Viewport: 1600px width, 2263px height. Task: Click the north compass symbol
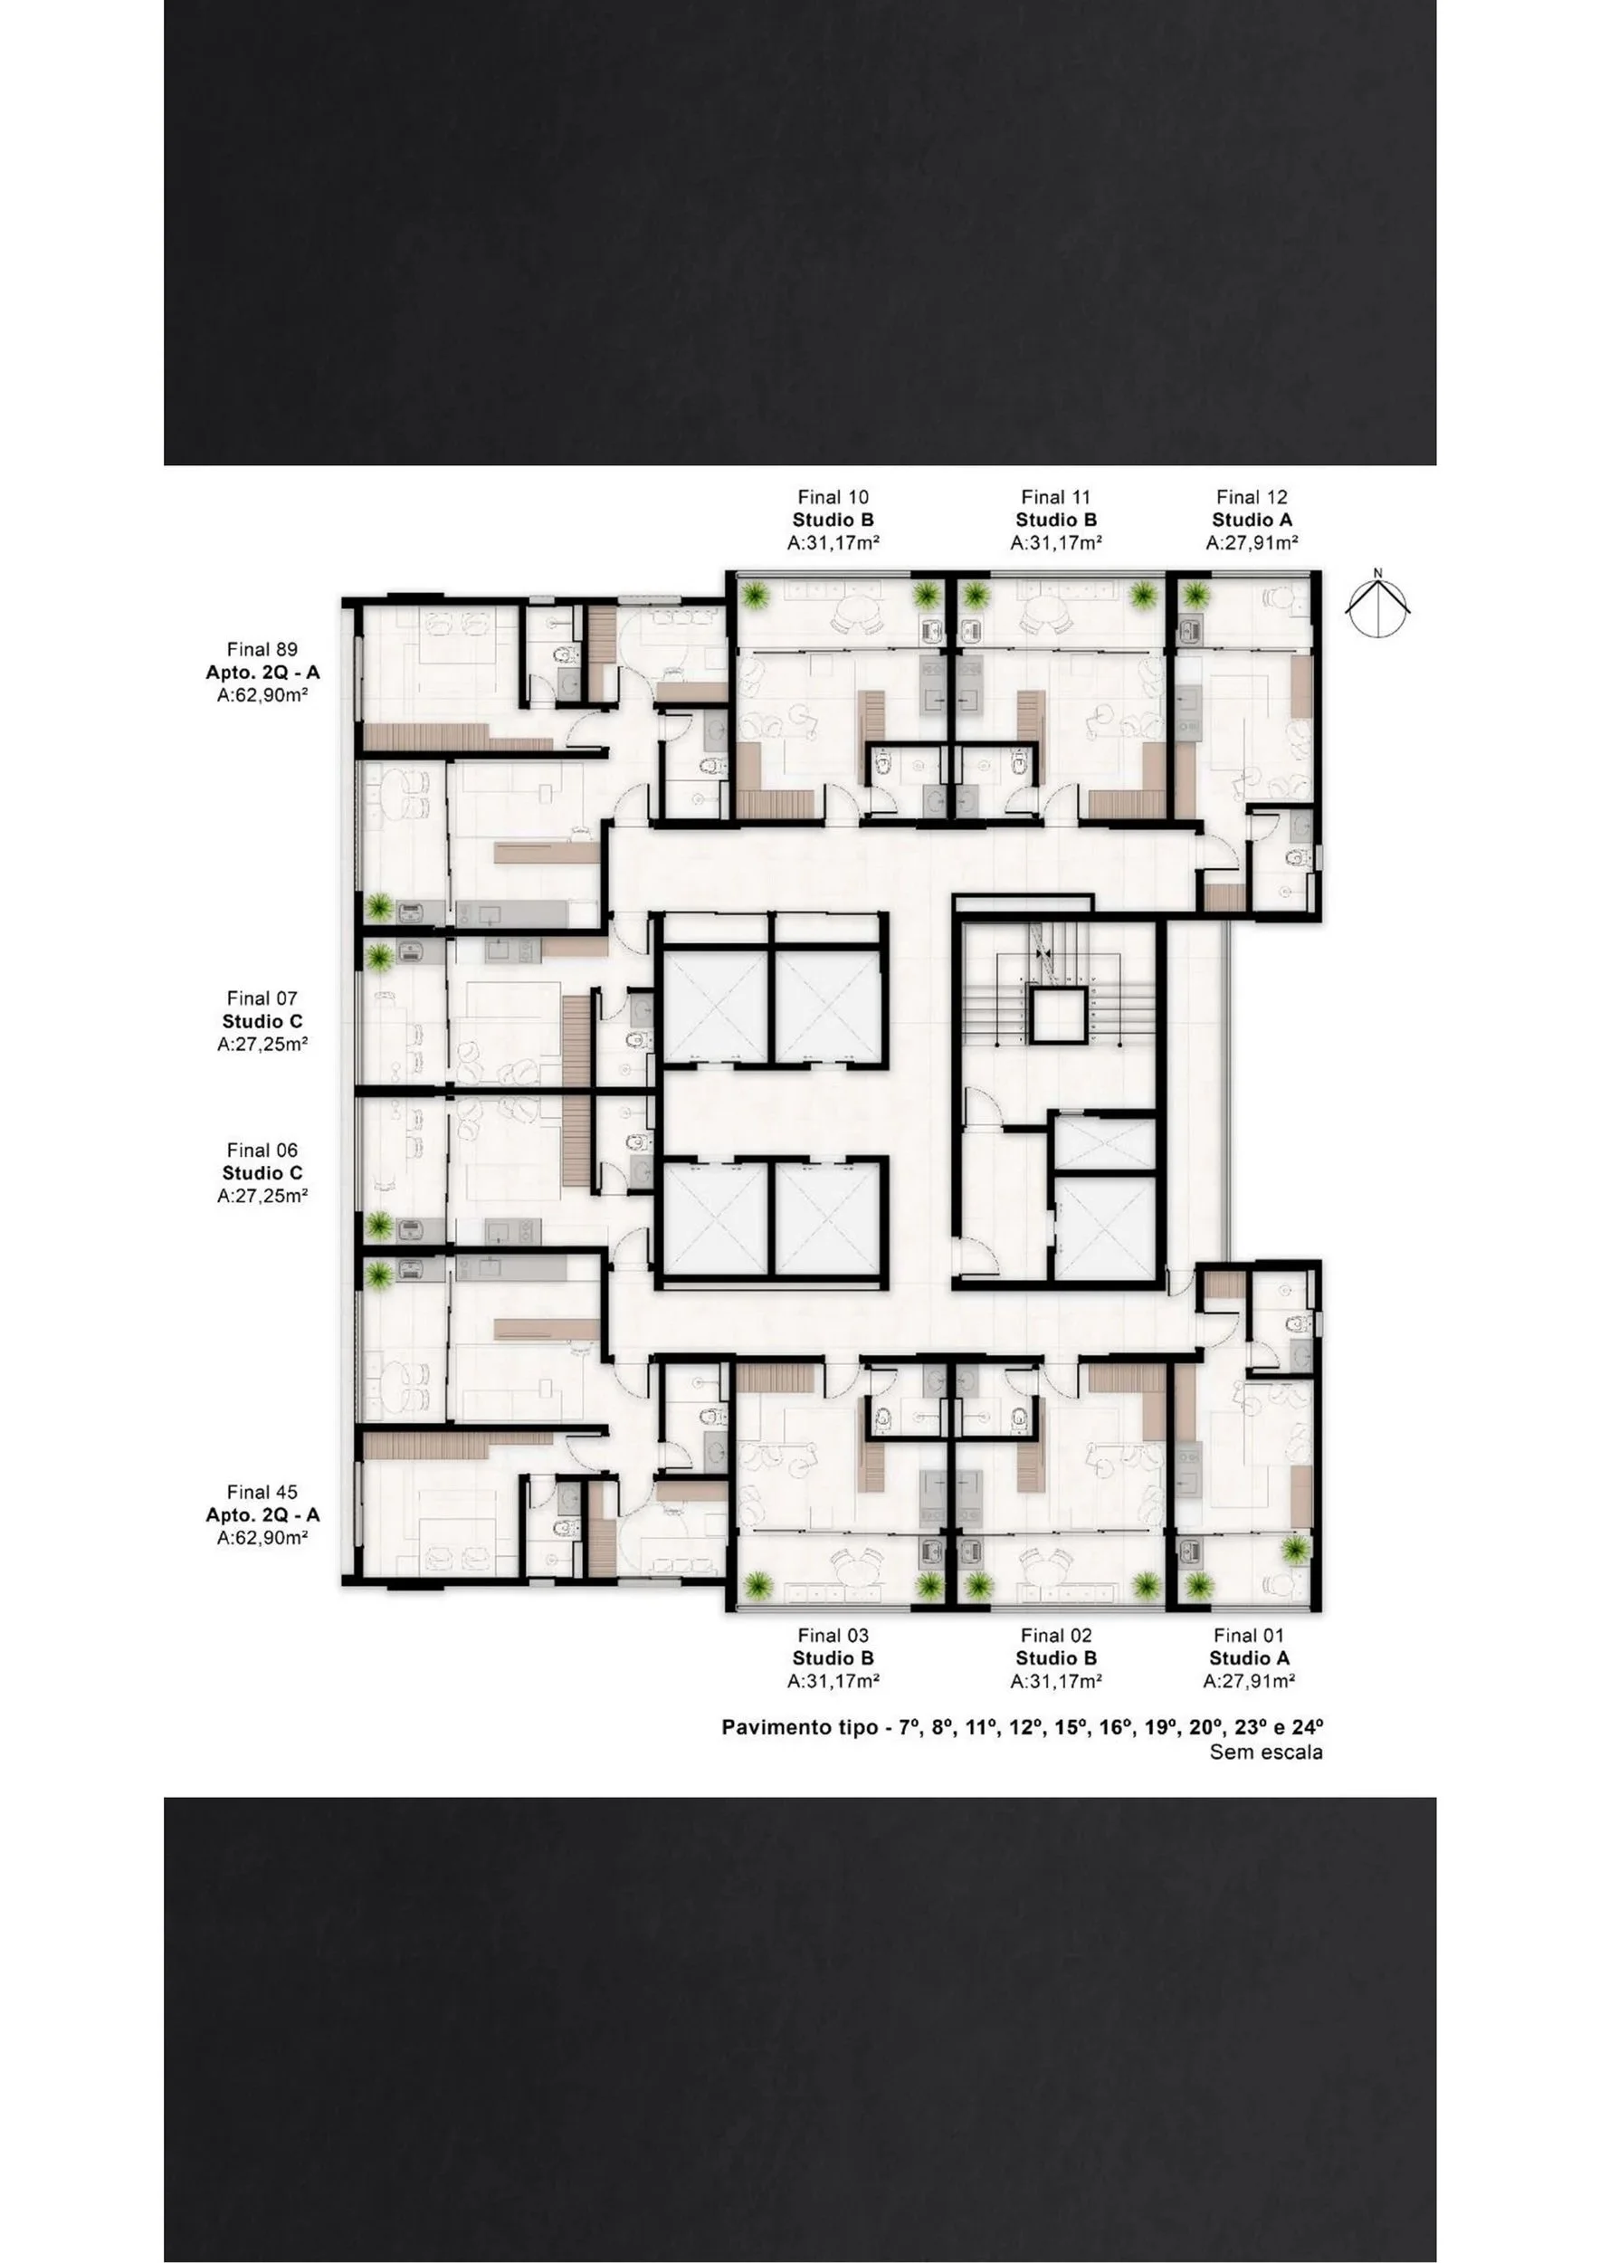1378,603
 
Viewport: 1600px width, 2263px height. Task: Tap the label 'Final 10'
833,498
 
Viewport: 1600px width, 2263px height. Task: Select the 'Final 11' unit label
1056,498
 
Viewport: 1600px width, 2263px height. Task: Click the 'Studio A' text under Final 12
1252,520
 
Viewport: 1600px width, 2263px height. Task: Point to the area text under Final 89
262,695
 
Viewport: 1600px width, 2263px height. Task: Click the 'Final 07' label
262,998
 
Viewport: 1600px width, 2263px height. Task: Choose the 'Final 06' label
262,1151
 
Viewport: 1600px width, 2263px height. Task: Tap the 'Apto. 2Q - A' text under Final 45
262,1515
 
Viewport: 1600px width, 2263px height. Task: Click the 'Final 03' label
833,1636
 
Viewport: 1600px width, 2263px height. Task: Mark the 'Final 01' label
1249,1636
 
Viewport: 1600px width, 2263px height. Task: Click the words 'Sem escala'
1266,1752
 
